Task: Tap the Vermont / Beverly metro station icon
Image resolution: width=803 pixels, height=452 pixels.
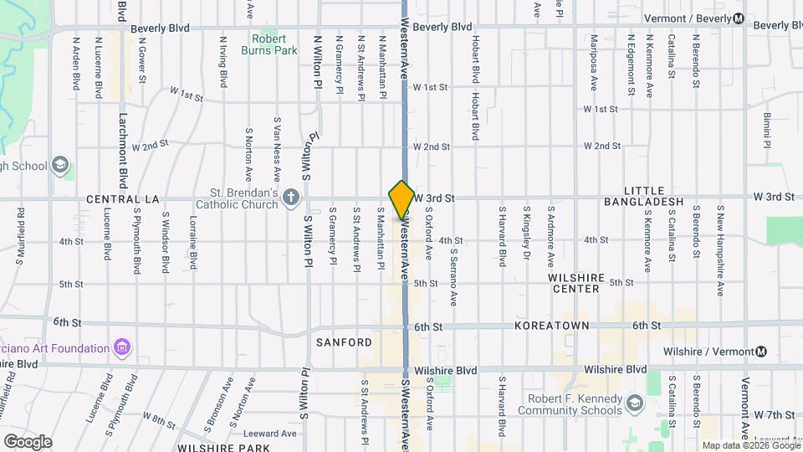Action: [x=739, y=19]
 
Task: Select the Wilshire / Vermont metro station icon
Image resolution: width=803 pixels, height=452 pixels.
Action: [x=761, y=352]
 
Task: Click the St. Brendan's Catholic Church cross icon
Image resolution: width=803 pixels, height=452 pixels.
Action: [x=290, y=198]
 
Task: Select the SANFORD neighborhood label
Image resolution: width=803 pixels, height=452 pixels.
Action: [x=344, y=342]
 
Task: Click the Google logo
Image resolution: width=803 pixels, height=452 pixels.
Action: [x=28, y=441]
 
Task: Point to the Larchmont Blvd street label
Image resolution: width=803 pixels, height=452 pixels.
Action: [x=122, y=142]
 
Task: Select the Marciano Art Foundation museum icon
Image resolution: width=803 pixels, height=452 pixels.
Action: [x=122, y=347]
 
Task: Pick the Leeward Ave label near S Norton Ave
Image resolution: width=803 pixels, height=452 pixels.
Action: [x=270, y=434]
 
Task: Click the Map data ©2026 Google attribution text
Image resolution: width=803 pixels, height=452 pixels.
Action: [x=749, y=445]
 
